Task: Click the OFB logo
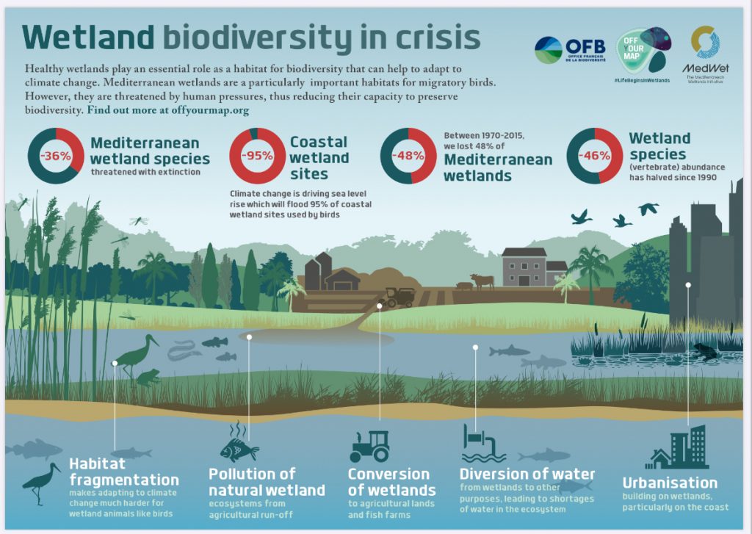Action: coord(570,50)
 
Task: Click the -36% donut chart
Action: coord(55,156)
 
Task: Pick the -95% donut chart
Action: coord(257,156)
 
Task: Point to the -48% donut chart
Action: coord(408,156)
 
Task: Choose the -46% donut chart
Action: coord(594,156)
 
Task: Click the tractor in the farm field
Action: coord(399,297)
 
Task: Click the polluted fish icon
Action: coord(239,445)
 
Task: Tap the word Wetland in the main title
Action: coord(88,36)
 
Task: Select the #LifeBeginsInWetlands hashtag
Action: coord(642,79)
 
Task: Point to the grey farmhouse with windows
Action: coord(524,267)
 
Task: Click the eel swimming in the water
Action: coord(184,351)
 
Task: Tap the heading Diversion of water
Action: coord(527,474)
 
